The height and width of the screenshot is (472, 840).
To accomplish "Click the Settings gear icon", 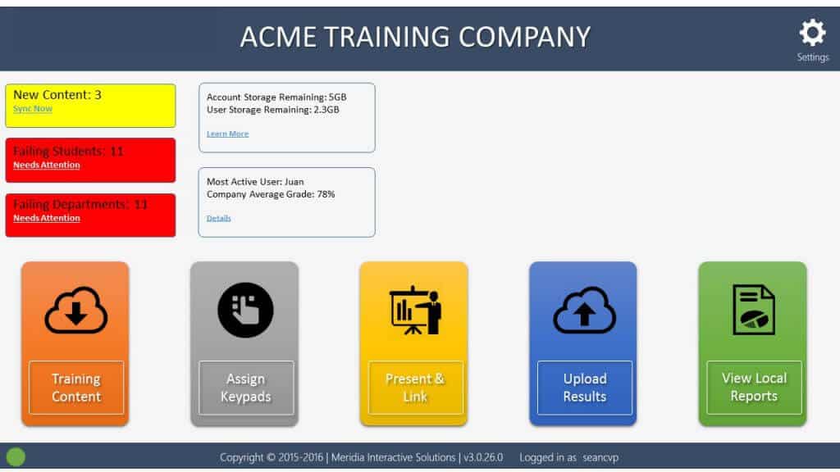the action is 812,33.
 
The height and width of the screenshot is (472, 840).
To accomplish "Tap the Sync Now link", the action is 33,109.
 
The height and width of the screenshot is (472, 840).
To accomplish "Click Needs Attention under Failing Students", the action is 47,165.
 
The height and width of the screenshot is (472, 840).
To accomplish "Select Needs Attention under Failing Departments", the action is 47,218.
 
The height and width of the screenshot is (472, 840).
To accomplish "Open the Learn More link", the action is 228,134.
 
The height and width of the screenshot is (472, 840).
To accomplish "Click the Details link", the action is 218,218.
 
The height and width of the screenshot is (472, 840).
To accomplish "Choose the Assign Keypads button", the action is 246,388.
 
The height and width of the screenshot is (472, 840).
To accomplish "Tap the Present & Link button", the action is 415,388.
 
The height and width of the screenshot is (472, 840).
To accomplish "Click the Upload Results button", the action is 584,388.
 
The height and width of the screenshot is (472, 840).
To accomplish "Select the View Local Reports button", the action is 754,387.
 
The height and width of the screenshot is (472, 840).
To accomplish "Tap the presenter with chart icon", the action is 416,311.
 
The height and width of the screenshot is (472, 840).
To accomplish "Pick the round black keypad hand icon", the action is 245,310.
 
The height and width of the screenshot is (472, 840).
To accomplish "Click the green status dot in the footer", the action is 16,456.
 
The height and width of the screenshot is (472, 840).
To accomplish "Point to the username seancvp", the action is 600,457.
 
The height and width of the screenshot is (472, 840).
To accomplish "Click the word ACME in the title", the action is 278,37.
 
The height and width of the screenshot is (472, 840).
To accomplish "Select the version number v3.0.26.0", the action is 483,457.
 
